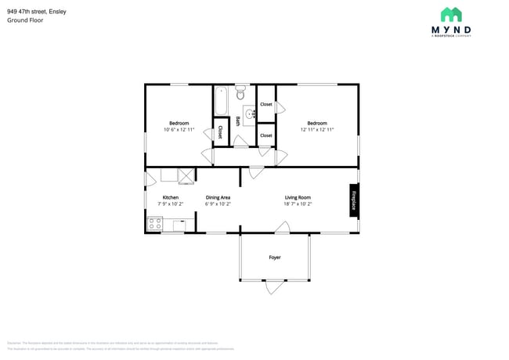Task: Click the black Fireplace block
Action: coord(354,200)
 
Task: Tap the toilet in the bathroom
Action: coord(240,93)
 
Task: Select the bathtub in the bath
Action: coord(221,100)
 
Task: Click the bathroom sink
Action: coord(250,114)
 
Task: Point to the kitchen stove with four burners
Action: coord(154,225)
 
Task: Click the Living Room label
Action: coord(298,197)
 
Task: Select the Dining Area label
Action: coord(218,197)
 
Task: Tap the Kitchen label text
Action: coord(170,197)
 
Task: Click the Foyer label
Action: coord(275,257)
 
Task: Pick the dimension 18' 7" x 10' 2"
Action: coord(298,203)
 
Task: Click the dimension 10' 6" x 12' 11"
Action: coord(179,130)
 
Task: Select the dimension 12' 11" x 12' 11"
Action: coord(317,130)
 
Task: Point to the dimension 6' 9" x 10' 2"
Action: coord(218,203)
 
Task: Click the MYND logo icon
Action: coord(451,15)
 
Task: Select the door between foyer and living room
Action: coord(283,228)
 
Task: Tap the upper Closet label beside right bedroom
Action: coord(266,104)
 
